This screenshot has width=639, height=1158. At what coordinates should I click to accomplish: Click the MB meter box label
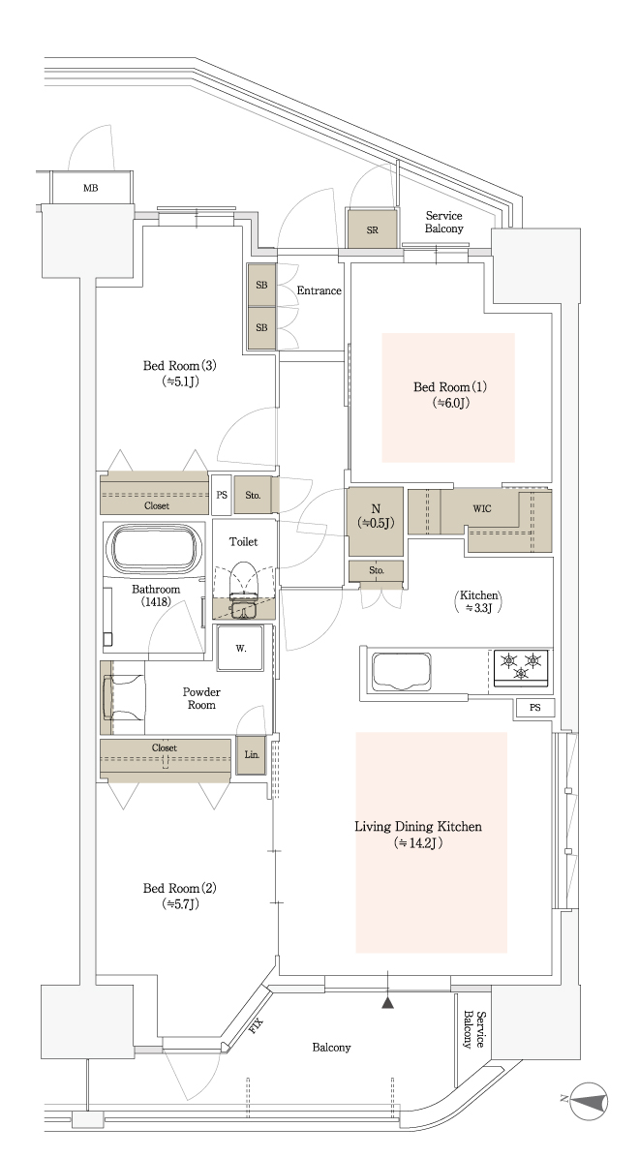[x=90, y=189]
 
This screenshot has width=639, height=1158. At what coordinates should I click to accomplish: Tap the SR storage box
[x=373, y=230]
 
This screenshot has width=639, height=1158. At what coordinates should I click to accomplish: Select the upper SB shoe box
[x=261, y=285]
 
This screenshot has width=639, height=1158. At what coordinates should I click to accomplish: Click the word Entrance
[x=319, y=291]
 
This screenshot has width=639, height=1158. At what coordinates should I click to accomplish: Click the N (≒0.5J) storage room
[x=376, y=521]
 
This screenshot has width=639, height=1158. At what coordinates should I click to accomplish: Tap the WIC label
[x=481, y=509]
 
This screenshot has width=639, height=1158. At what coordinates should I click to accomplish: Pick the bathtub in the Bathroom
[x=155, y=549]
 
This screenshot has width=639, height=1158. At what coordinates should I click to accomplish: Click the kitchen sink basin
[x=405, y=671]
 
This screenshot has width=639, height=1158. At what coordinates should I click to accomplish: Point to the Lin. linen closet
[x=251, y=755]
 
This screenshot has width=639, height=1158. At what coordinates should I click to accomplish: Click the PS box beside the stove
[x=534, y=708]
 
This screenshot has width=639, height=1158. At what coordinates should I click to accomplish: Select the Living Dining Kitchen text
[x=418, y=827]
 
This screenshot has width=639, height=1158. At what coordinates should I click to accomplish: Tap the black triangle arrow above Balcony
[x=388, y=1003]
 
